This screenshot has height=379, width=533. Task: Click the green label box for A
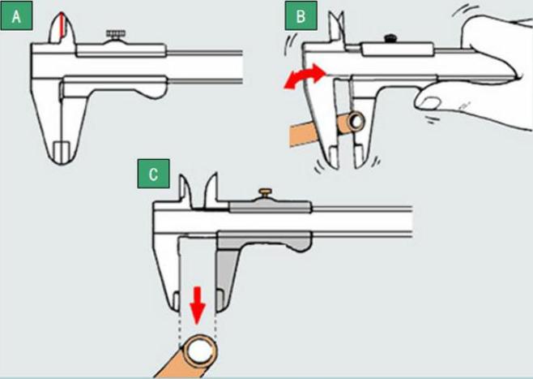(16, 15)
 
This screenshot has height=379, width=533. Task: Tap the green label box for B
(301, 15)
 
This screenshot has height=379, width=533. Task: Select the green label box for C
(153, 174)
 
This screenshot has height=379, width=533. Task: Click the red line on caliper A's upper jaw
(62, 25)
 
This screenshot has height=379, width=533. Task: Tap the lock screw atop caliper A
(116, 34)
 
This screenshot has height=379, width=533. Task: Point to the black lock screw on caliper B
(390, 38)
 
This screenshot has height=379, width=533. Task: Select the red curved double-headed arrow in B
(305, 76)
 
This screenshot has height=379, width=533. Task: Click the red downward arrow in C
(198, 305)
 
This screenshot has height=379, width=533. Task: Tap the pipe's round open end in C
(199, 351)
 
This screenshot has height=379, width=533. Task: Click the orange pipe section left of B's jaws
(303, 134)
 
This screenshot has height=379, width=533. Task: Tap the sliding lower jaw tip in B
(359, 157)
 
